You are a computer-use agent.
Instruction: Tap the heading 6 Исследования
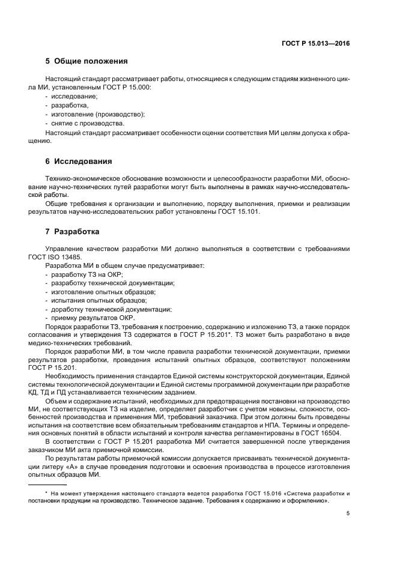coord(78,162)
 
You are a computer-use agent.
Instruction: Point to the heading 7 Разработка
coord(72,231)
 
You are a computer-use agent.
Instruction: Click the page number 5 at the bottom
coord(348,513)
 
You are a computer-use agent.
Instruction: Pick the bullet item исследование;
coord(74,96)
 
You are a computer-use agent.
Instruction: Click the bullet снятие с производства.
coord(87,123)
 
